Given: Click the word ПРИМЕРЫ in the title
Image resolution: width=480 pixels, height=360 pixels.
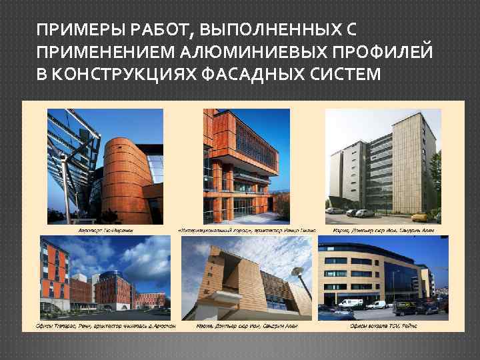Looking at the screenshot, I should (x=69, y=30).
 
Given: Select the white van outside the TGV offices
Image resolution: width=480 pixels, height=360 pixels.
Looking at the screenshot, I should (x=377, y=305).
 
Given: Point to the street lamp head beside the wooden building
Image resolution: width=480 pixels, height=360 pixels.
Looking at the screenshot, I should (x=298, y=273).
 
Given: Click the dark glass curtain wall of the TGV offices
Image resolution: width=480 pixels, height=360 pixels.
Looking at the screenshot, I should (x=400, y=280).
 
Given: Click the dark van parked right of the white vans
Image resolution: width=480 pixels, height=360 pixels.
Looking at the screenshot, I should (x=405, y=307).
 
